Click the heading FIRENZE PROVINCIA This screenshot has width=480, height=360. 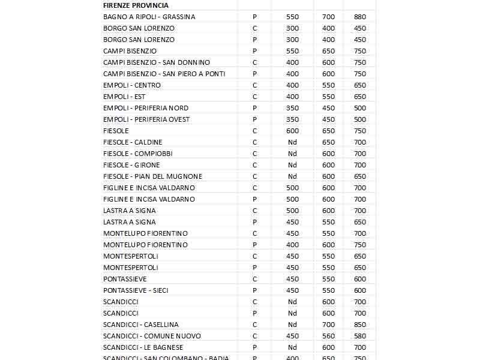click(136, 5)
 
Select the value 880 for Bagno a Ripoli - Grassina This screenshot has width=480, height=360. click(360, 17)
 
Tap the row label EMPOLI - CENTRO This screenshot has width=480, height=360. click(132, 85)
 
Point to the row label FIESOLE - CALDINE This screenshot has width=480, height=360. click(133, 142)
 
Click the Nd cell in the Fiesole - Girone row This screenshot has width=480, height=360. click(292, 165)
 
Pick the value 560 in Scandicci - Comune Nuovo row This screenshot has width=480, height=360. click(328, 336)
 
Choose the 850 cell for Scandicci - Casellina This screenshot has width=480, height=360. click(360, 325)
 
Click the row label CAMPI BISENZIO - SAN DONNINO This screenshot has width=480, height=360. click(157, 62)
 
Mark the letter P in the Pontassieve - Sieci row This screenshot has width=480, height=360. click(254, 290)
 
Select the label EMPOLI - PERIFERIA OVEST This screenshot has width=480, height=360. click(146, 119)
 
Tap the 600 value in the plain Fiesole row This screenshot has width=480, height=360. click(292, 131)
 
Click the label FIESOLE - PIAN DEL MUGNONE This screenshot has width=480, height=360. click(152, 176)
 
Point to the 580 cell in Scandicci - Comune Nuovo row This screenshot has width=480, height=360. click(360, 336)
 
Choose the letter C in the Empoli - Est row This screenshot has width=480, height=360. click(254, 97)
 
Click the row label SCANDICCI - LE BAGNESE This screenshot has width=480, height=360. click(143, 347)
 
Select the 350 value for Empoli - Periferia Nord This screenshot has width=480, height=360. click(292, 108)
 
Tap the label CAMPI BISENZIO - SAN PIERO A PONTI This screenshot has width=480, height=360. click(164, 74)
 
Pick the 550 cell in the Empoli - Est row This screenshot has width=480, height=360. click(328, 97)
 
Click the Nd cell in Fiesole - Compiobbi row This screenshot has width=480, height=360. click(292, 154)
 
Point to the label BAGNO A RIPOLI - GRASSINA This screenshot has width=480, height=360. click(149, 17)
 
